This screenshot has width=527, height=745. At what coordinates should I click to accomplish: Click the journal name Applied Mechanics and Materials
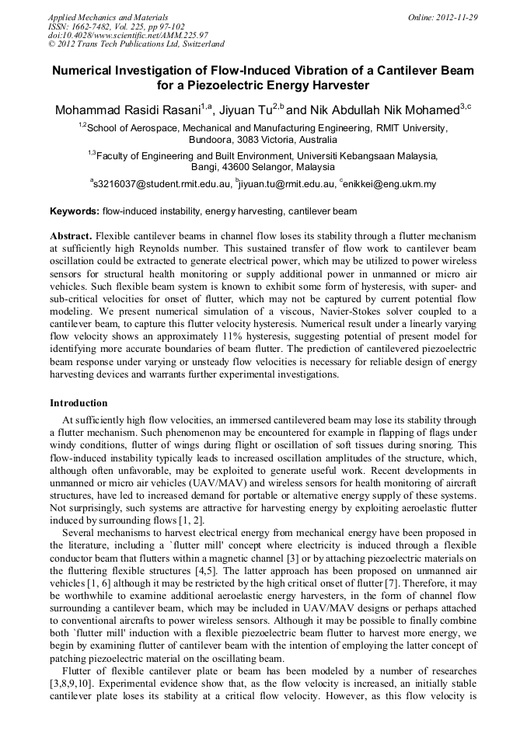108,16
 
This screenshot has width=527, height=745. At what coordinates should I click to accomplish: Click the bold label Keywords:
75,211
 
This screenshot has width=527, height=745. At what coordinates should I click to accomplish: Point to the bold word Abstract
71,235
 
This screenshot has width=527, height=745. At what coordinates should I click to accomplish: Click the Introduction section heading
79,403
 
